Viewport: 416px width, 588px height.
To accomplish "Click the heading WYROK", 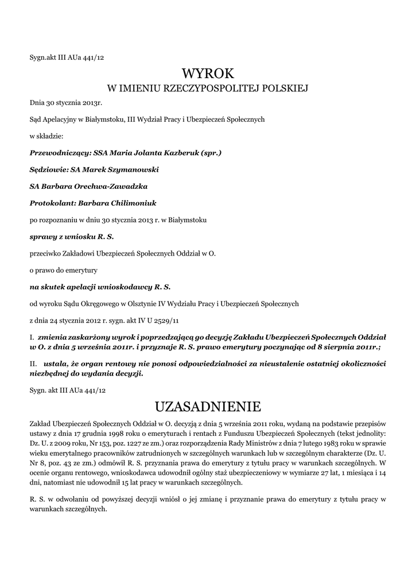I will click(208, 73).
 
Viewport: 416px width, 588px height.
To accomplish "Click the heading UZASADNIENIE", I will click(208, 407).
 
